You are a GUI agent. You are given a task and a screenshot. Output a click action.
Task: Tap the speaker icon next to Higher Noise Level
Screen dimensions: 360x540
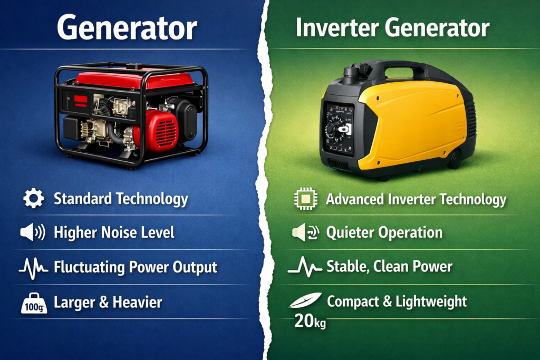(x=33, y=232)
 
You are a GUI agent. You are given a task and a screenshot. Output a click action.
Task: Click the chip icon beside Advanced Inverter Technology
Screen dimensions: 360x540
(x=304, y=200)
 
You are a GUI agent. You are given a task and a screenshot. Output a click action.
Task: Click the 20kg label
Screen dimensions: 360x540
(x=310, y=322)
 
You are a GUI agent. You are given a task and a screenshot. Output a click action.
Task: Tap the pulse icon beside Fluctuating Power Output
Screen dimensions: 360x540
(x=34, y=267)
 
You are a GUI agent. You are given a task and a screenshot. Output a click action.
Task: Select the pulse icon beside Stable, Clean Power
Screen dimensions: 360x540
(x=304, y=267)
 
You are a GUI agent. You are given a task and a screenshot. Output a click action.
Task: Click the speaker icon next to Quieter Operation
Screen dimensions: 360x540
(x=304, y=232)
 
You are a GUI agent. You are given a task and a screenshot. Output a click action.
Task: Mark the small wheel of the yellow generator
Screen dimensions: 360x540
(x=455, y=159)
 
